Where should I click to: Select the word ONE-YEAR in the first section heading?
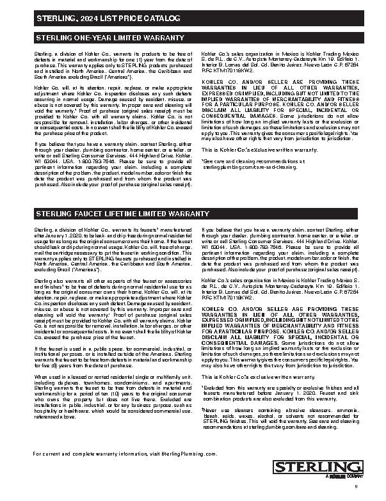(x=86, y=38)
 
